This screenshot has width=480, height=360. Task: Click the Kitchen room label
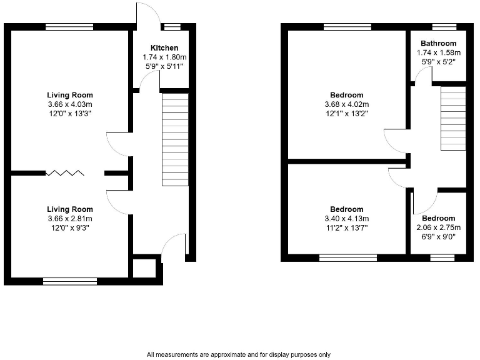164,48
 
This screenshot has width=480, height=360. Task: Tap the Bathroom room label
438,44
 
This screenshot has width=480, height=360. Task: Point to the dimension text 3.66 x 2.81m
69,219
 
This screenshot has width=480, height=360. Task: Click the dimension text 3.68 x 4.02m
347,104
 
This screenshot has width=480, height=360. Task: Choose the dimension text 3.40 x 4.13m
346,219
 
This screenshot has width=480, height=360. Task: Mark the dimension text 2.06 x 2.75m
438,227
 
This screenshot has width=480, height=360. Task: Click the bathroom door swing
424,74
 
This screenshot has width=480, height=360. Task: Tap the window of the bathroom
444,27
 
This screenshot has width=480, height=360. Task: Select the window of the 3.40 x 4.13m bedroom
348,257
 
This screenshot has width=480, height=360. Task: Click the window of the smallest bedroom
442,257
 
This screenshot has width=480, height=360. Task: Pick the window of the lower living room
69,281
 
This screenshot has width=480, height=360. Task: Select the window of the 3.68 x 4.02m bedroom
347,27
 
